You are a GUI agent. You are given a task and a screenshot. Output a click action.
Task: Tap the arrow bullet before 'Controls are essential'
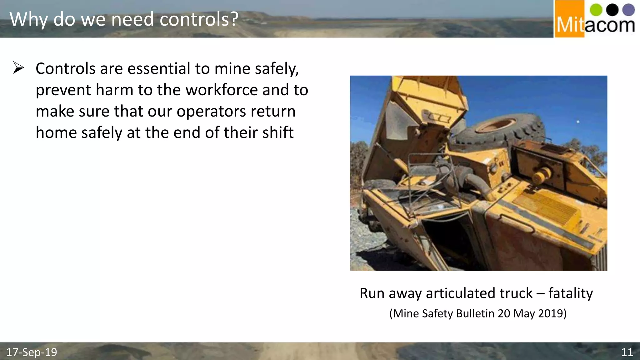18,68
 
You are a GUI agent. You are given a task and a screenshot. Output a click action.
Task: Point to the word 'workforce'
222,90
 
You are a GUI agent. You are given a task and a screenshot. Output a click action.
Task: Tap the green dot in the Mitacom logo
596,10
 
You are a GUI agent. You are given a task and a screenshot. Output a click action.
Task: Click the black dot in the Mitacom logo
612,10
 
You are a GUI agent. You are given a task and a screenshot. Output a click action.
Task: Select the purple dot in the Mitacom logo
628,10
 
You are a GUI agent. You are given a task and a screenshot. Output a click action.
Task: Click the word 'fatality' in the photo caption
570,293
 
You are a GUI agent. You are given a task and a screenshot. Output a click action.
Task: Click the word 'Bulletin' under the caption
475,313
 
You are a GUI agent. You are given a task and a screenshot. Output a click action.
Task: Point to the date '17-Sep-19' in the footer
32,352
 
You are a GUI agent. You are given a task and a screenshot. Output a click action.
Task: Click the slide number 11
627,352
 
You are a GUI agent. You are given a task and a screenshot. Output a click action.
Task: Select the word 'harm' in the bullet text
114,90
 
